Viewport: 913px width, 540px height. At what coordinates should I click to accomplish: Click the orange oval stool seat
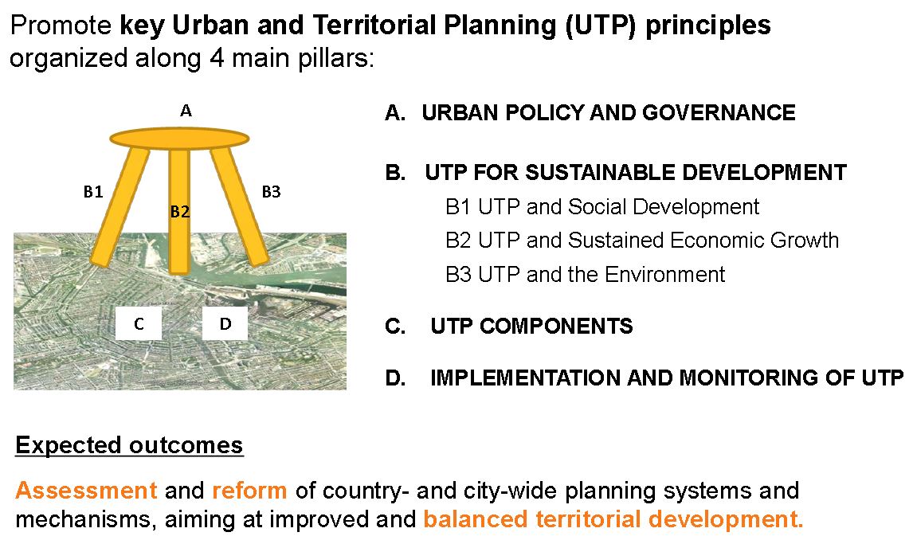(179, 139)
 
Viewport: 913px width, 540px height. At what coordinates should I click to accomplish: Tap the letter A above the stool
(186, 110)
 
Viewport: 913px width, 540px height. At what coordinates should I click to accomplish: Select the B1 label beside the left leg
(93, 191)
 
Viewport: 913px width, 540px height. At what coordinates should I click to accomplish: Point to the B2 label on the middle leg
(180, 212)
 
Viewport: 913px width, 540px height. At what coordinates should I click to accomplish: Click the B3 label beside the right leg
(271, 191)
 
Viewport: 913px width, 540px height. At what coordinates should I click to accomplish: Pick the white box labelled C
(139, 323)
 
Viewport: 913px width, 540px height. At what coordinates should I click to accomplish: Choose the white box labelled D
(225, 323)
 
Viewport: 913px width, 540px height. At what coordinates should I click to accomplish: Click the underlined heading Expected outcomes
(129, 445)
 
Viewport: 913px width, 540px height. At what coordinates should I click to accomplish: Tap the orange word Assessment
(86, 490)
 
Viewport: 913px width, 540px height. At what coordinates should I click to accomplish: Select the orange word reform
(249, 490)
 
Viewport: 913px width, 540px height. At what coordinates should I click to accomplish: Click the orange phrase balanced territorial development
(613, 518)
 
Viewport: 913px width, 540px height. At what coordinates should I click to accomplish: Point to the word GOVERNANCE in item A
(719, 112)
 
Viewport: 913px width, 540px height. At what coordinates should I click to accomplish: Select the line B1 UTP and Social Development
(602, 206)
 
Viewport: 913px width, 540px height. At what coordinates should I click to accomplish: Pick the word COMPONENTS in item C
(555, 326)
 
